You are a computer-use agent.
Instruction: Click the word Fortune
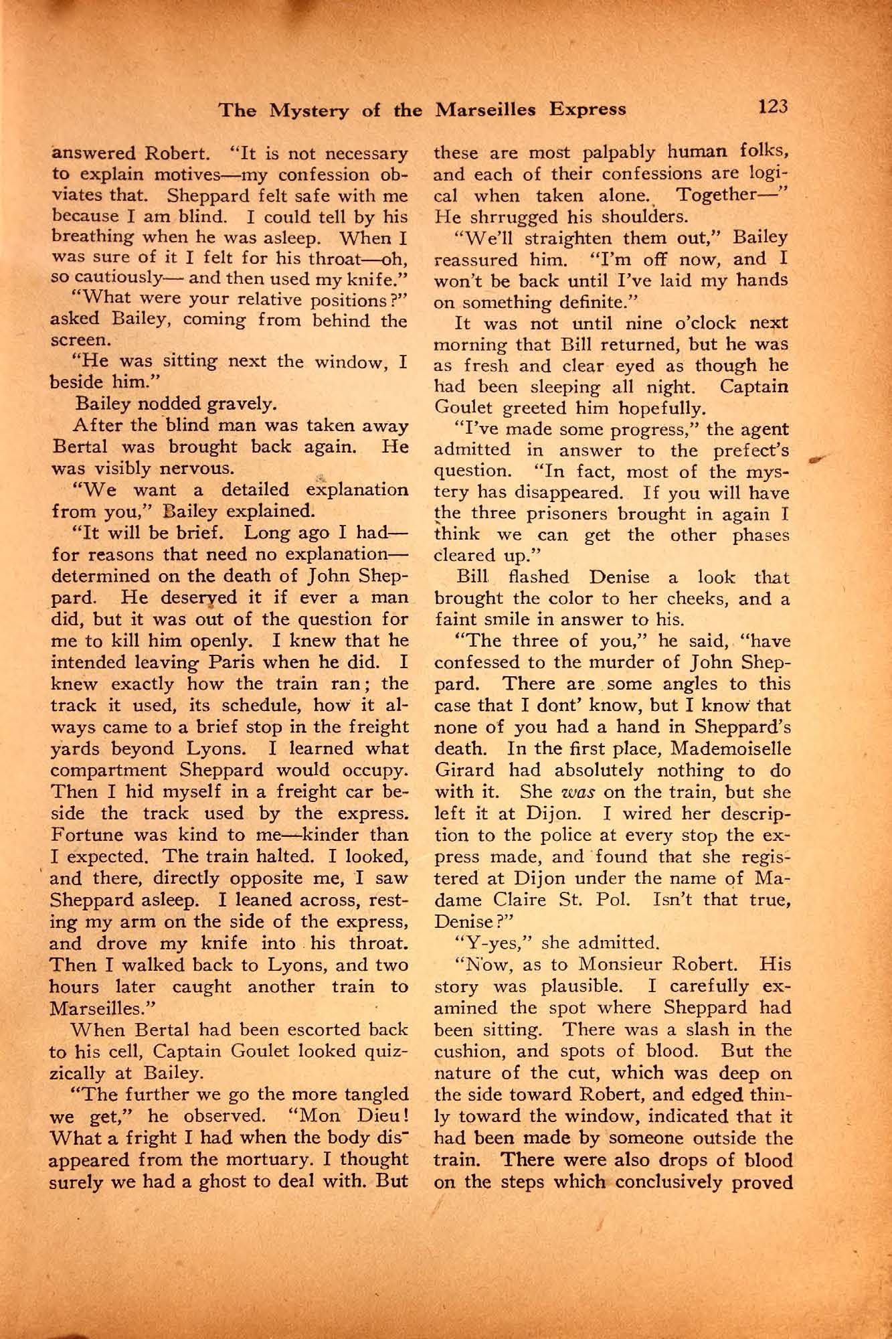click(85, 835)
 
